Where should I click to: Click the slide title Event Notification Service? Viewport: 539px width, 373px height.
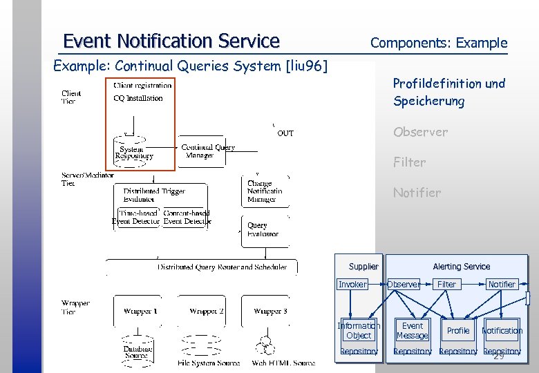(x=171, y=41)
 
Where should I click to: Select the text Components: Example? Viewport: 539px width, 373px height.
(x=438, y=43)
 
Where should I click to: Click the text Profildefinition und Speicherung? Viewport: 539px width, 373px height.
(x=448, y=92)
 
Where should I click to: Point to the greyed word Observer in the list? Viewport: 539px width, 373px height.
(x=420, y=132)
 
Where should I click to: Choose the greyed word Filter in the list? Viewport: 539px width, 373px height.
(x=409, y=162)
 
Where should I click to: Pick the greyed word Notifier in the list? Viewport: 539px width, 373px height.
(x=417, y=193)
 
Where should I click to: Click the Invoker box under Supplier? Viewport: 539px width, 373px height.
(x=352, y=284)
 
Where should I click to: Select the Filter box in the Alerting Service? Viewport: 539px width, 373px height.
(x=446, y=284)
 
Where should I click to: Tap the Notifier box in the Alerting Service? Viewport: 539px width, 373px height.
(x=502, y=284)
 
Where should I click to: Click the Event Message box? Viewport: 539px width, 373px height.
(x=412, y=330)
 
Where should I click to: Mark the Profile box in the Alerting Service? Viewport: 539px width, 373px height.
(x=457, y=331)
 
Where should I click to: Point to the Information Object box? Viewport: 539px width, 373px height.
(x=359, y=330)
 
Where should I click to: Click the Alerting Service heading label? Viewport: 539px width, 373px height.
(x=461, y=267)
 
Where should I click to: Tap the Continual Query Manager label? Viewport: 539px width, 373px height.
(x=207, y=151)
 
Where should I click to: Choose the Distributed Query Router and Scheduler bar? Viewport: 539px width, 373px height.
(x=221, y=267)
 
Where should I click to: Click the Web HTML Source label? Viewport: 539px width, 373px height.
(x=283, y=363)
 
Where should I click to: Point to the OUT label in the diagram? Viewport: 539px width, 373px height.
(x=285, y=133)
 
